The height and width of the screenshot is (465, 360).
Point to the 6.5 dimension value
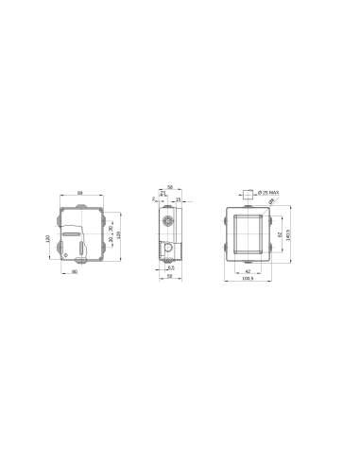[171, 267]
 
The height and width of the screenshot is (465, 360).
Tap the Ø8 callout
[272, 202]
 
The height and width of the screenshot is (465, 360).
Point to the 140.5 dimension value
[288, 233]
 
